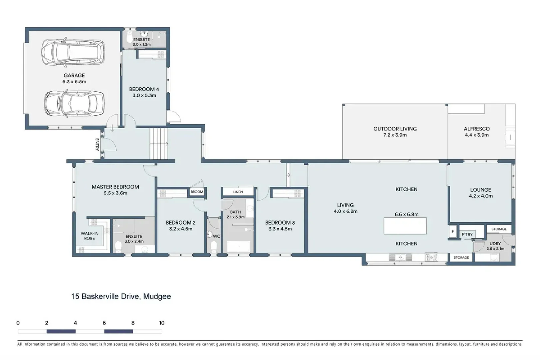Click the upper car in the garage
click(73, 53)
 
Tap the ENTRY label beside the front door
click(97, 145)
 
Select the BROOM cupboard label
click(197, 192)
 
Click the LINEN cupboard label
click(238, 192)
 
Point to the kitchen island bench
click(405, 226)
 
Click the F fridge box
click(452, 232)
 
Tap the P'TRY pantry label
click(467, 234)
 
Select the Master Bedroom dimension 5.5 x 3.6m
click(115, 193)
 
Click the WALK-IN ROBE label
click(89, 236)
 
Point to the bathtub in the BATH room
click(238, 247)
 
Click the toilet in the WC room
click(214, 247)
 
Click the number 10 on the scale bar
click(162, 323)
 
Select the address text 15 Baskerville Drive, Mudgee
click(121, 296)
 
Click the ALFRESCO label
click(477, 129)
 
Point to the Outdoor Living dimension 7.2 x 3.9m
click(395, 135)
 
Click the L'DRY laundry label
click(495, 244)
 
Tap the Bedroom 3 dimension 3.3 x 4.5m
click(280, 229)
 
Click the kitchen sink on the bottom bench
click(400, 257)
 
